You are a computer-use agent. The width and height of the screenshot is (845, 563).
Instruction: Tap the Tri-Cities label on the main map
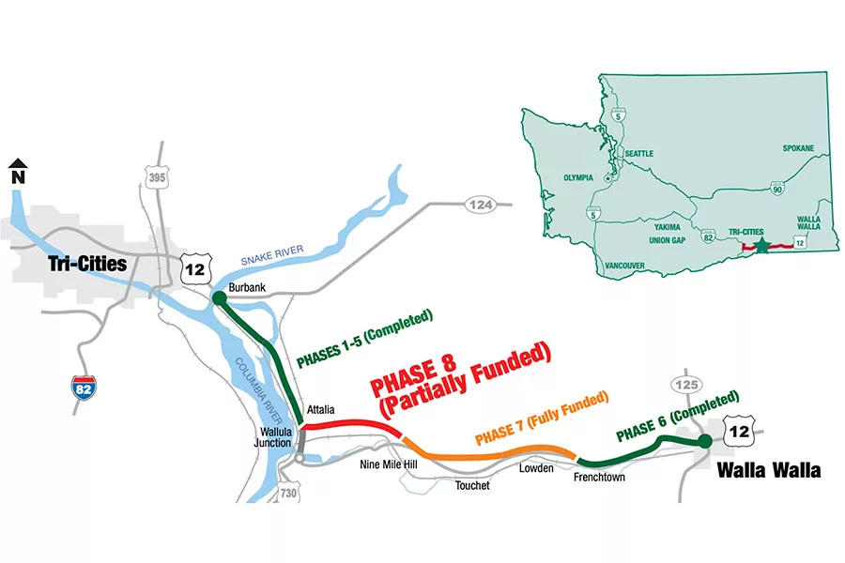tap(86, 264)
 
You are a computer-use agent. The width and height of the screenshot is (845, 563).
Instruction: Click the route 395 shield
tap(156, 178)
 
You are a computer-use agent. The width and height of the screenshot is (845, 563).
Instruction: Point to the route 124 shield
tap(480, 205)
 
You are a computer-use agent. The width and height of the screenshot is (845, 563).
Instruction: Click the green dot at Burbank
tap(218, 298)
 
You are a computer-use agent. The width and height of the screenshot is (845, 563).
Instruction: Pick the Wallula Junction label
tap(279, 438)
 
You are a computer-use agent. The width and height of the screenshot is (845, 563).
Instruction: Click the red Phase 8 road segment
tap(352, 425)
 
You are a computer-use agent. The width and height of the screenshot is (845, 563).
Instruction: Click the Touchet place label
tap(472, 485)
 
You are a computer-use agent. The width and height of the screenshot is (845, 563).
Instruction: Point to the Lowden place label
tap(536, 467)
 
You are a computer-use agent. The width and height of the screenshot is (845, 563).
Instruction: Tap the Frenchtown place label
tap(599, 477)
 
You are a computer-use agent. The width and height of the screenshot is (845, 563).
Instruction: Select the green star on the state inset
tap(761, 245)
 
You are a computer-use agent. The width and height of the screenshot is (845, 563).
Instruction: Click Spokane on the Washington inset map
tap(798, 148)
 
